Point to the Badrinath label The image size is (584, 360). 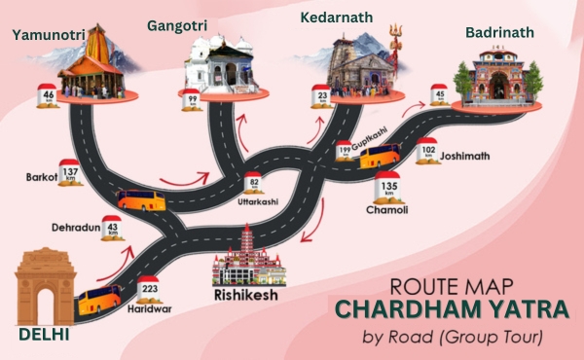[499, 32]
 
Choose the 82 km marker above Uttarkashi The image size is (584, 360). [253, 182]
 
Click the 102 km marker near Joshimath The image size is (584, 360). [426, 152]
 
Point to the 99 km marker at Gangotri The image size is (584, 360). [194, 98]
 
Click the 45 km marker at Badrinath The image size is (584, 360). [440, 95]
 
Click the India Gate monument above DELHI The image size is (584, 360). [46, 284]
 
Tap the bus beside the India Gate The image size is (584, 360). [99, 298]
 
